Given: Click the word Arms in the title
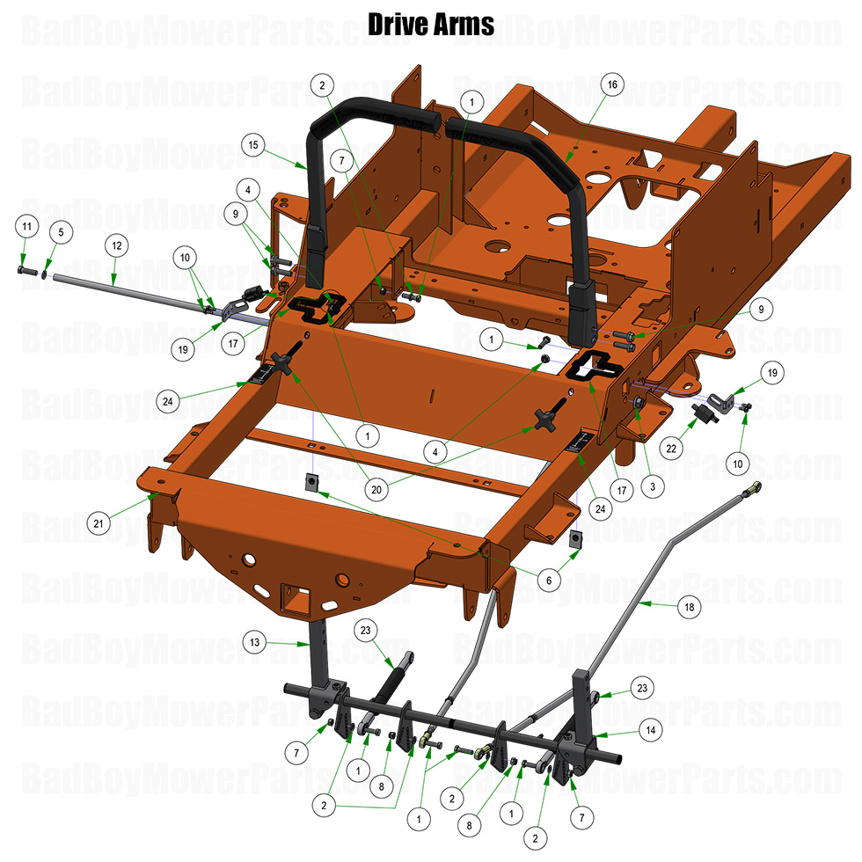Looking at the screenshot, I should [464, 24].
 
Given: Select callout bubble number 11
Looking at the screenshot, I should [27, 227].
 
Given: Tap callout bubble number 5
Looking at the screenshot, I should [61, 233].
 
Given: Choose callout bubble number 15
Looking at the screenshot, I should [254, 144].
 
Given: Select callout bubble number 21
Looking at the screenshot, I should [100, 523].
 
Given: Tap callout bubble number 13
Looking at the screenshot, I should [254, 643].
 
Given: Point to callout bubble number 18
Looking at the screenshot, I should [689, 607].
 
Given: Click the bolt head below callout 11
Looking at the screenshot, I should [23, 269].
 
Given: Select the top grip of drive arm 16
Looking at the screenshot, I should [501, 136].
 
